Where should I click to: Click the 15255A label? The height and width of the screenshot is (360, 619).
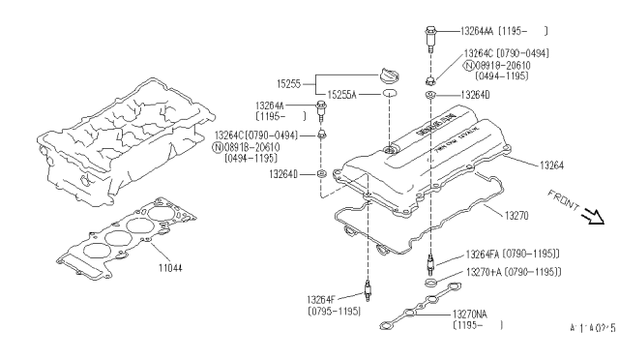[x=341, y=95]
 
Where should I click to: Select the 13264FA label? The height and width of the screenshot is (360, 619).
[x=488, y=254]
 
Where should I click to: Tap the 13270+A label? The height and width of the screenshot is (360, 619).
[x=488, y=272]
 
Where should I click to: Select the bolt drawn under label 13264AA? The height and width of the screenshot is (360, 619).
[x=427, y=44]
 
